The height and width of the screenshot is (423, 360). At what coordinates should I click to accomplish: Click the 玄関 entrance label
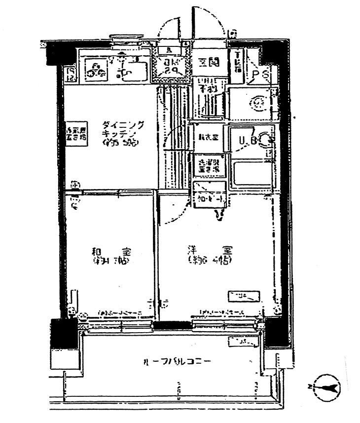209,63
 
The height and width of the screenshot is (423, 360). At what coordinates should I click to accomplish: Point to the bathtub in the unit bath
252,173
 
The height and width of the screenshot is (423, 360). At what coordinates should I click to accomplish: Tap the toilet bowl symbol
258,103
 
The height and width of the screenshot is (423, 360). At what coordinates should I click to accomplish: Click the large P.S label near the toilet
259,75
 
